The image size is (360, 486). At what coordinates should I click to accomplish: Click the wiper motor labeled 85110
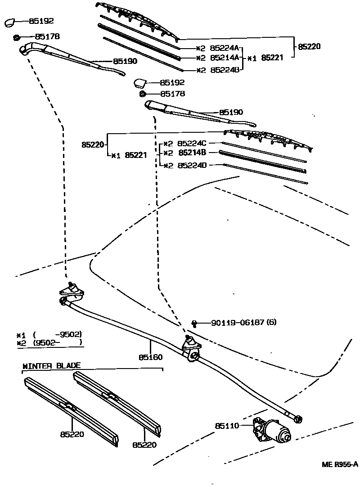point(272,430)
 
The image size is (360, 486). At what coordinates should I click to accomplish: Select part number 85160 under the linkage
point(151,357)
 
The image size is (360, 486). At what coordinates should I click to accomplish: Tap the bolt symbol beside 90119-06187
point(194,323)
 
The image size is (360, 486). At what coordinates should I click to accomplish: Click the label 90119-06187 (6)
point(242,323)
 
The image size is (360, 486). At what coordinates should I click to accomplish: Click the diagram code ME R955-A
point(339,464)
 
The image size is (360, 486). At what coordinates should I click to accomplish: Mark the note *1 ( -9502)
point(49,335)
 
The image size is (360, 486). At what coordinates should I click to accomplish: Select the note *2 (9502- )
point(49,342)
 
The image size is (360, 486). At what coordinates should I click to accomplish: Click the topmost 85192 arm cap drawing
point(11,22)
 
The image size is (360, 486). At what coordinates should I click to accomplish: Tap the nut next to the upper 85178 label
point(16,36)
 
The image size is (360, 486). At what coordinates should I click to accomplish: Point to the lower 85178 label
point(172,94)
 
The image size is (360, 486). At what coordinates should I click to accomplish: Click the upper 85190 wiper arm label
point(125,61)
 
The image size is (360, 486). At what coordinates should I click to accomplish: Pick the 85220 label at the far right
point(311,46)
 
